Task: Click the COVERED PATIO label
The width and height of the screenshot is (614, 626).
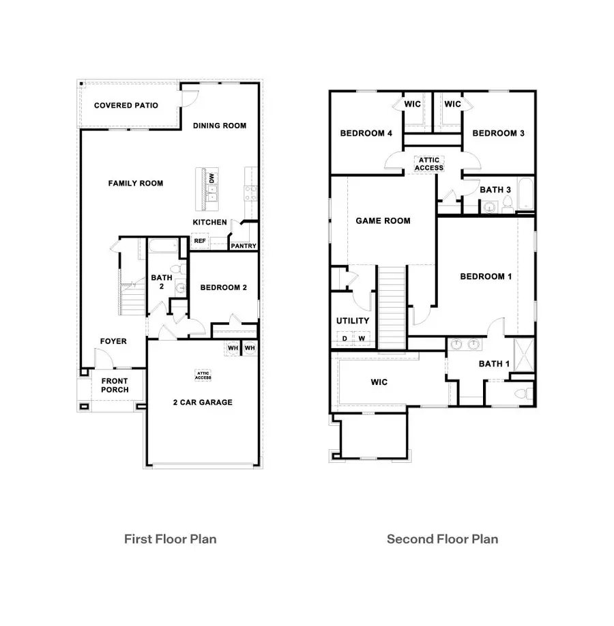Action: coord(126,105)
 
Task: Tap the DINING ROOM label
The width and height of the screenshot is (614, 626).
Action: coord(219,126)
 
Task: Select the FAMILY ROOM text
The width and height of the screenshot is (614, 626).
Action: coord(136,183)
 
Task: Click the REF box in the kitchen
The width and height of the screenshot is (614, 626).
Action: coord(200,241)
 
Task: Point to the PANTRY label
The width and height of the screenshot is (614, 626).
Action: coord(243,246)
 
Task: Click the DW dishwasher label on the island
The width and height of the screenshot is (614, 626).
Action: coord(212,177)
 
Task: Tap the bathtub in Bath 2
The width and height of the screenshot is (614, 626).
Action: coord(162,246)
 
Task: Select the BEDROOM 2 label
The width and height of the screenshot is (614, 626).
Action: coord(223,287)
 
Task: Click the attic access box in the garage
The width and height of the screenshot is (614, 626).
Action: coord(203,375)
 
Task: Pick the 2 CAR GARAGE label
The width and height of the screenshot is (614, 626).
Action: coord(203,402)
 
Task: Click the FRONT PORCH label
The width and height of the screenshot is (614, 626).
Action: coord(115,386)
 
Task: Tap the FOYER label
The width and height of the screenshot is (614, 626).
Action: coord(113,341)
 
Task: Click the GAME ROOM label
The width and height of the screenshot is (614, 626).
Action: coord(383,220)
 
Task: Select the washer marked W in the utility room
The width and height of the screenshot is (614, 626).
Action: coord(362,338)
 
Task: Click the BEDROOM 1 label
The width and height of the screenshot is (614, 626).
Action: coord(486,276)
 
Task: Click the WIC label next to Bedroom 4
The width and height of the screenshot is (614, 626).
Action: coord(412,104)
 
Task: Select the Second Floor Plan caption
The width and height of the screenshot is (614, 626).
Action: coord(442,539)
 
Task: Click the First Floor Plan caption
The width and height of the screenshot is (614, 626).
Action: coord(170,539)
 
